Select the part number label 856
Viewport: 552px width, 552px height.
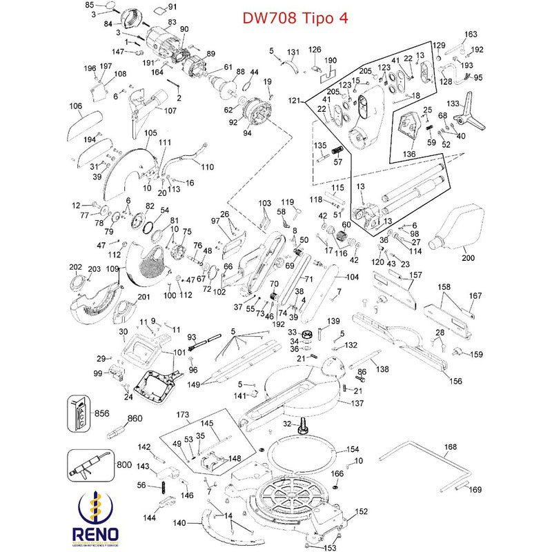coord(102,413)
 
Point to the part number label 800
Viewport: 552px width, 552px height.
coord(124,465)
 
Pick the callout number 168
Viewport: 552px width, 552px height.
coord(450,447)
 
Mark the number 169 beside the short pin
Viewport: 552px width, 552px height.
coord(475,490)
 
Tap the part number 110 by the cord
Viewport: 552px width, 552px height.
coord(207,166)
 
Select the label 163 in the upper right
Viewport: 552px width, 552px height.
coord(471,34)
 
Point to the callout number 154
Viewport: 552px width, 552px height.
coord(353,448)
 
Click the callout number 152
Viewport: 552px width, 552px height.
coord(361,512)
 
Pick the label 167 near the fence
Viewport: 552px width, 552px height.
coord(475,296)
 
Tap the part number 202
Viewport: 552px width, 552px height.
coord(76,267)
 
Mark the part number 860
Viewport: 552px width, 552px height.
coord(135,418)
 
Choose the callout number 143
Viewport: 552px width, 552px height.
coord(143,466)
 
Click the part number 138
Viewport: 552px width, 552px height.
coord(383,370)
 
